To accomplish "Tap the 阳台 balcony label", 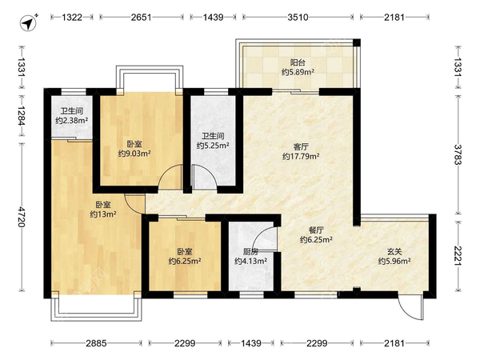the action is click(x=298, y=62).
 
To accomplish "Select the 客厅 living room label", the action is click(x=301, y=146).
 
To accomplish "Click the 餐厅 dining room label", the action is click(x=316, y=230).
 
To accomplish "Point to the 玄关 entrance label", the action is click(x=394, y=252).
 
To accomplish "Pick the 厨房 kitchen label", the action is click(x=250, y=252).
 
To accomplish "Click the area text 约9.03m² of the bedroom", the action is click(x=134, y=154).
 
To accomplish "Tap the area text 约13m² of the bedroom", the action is click(x=103, y=214).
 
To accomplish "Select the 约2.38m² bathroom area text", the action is click(x=72, y=121).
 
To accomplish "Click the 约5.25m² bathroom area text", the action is click(x=213, y=146).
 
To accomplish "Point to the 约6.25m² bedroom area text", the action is click(x=185, y=261).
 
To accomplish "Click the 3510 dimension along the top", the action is click(x=298, y=17).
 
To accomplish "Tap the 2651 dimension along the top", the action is click(x=141, y=17).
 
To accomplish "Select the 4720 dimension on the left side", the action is click(x=22, y=217).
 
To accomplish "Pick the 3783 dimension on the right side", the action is click(x=458, y=154).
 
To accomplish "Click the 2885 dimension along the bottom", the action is click(x=96, y=343).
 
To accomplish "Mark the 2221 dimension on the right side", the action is click(x=458, y=256).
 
